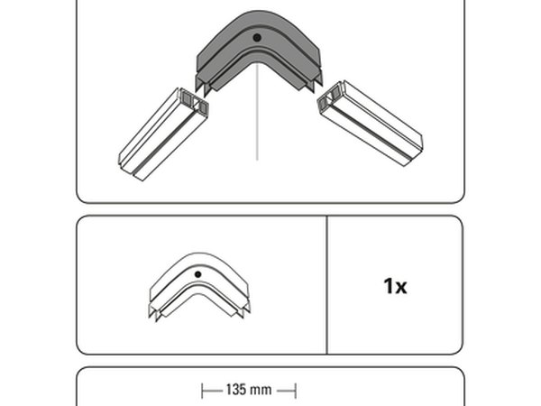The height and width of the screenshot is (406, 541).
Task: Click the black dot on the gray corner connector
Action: click(257, 38)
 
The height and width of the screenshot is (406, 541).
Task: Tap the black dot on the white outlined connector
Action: click(197, 274)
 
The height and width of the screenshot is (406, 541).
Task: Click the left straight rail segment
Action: click(163, 134)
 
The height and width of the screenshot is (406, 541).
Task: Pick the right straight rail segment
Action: click(370, 124)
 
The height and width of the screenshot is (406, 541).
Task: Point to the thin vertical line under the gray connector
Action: click(257, 112)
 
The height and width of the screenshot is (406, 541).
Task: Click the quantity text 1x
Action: click(395, 286)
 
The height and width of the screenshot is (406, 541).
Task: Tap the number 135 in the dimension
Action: click(236, 390)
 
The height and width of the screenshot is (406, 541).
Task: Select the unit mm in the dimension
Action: click(261, 391)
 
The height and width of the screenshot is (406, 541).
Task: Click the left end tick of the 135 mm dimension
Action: click(203, 391)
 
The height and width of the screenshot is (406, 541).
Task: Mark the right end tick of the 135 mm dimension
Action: click(296, 391)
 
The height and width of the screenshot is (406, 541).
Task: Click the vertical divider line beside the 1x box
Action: click(326, 285)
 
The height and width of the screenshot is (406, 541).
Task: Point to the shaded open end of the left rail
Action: click(195, 100)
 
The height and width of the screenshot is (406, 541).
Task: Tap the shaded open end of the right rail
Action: click(329, 97)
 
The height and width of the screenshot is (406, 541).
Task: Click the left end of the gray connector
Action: click(204, 86)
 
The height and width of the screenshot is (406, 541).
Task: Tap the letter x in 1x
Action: click(400, 289)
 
